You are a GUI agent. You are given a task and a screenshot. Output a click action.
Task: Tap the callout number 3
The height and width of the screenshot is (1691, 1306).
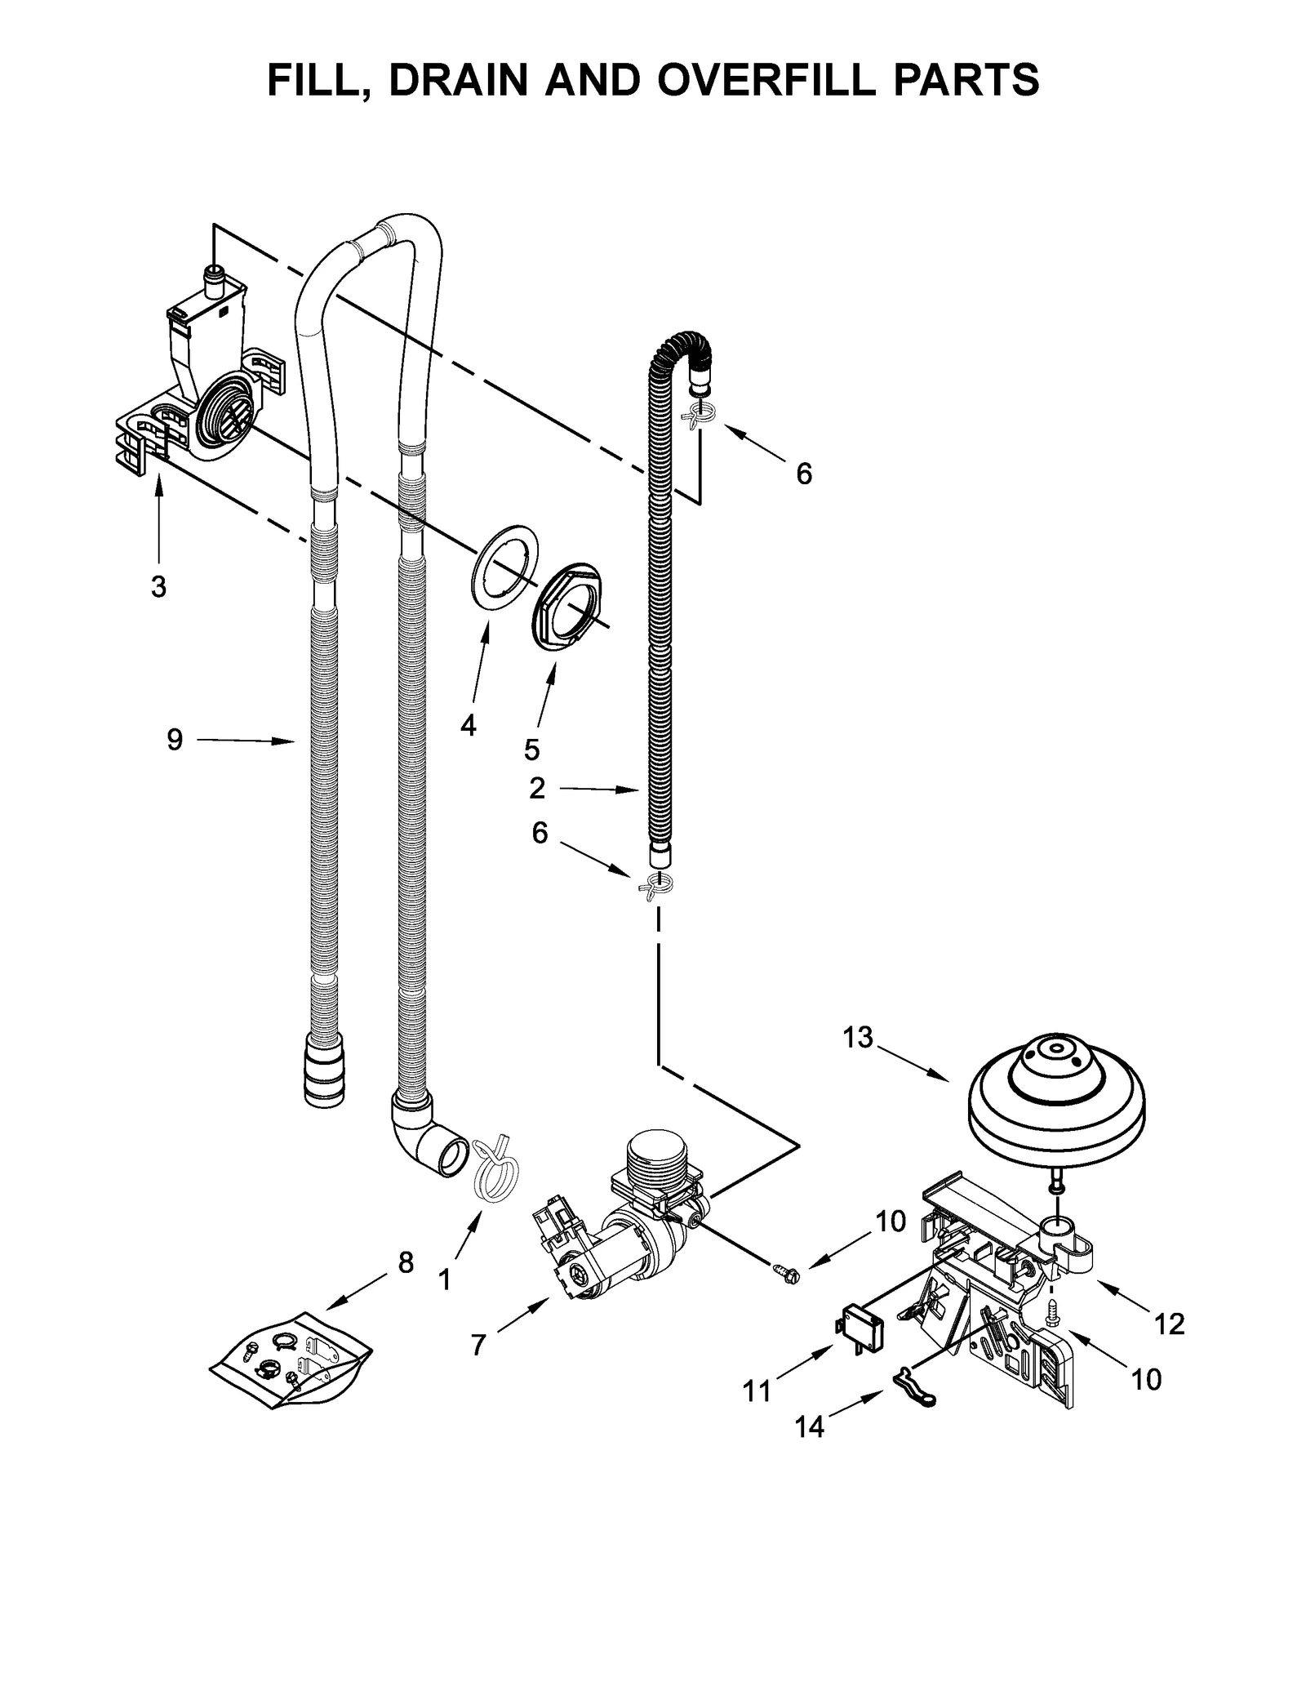pyautogui.click(x=158, y=586)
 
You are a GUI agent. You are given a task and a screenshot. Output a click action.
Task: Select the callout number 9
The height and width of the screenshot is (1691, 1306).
pyautogui.click(x=175, y=740)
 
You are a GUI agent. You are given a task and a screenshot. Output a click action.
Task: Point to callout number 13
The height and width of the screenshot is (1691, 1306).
pyautogui.click(x=858, y=1038)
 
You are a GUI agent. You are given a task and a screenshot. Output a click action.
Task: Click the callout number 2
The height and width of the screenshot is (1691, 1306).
pyautogui.click(x=536, y=788)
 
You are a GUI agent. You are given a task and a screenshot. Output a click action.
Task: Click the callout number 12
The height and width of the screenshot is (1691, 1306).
pyautogui.click(x=1169, y=1324)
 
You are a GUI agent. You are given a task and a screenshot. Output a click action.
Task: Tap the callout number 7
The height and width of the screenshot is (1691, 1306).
pyautogui.click(x=478, y=1343)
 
